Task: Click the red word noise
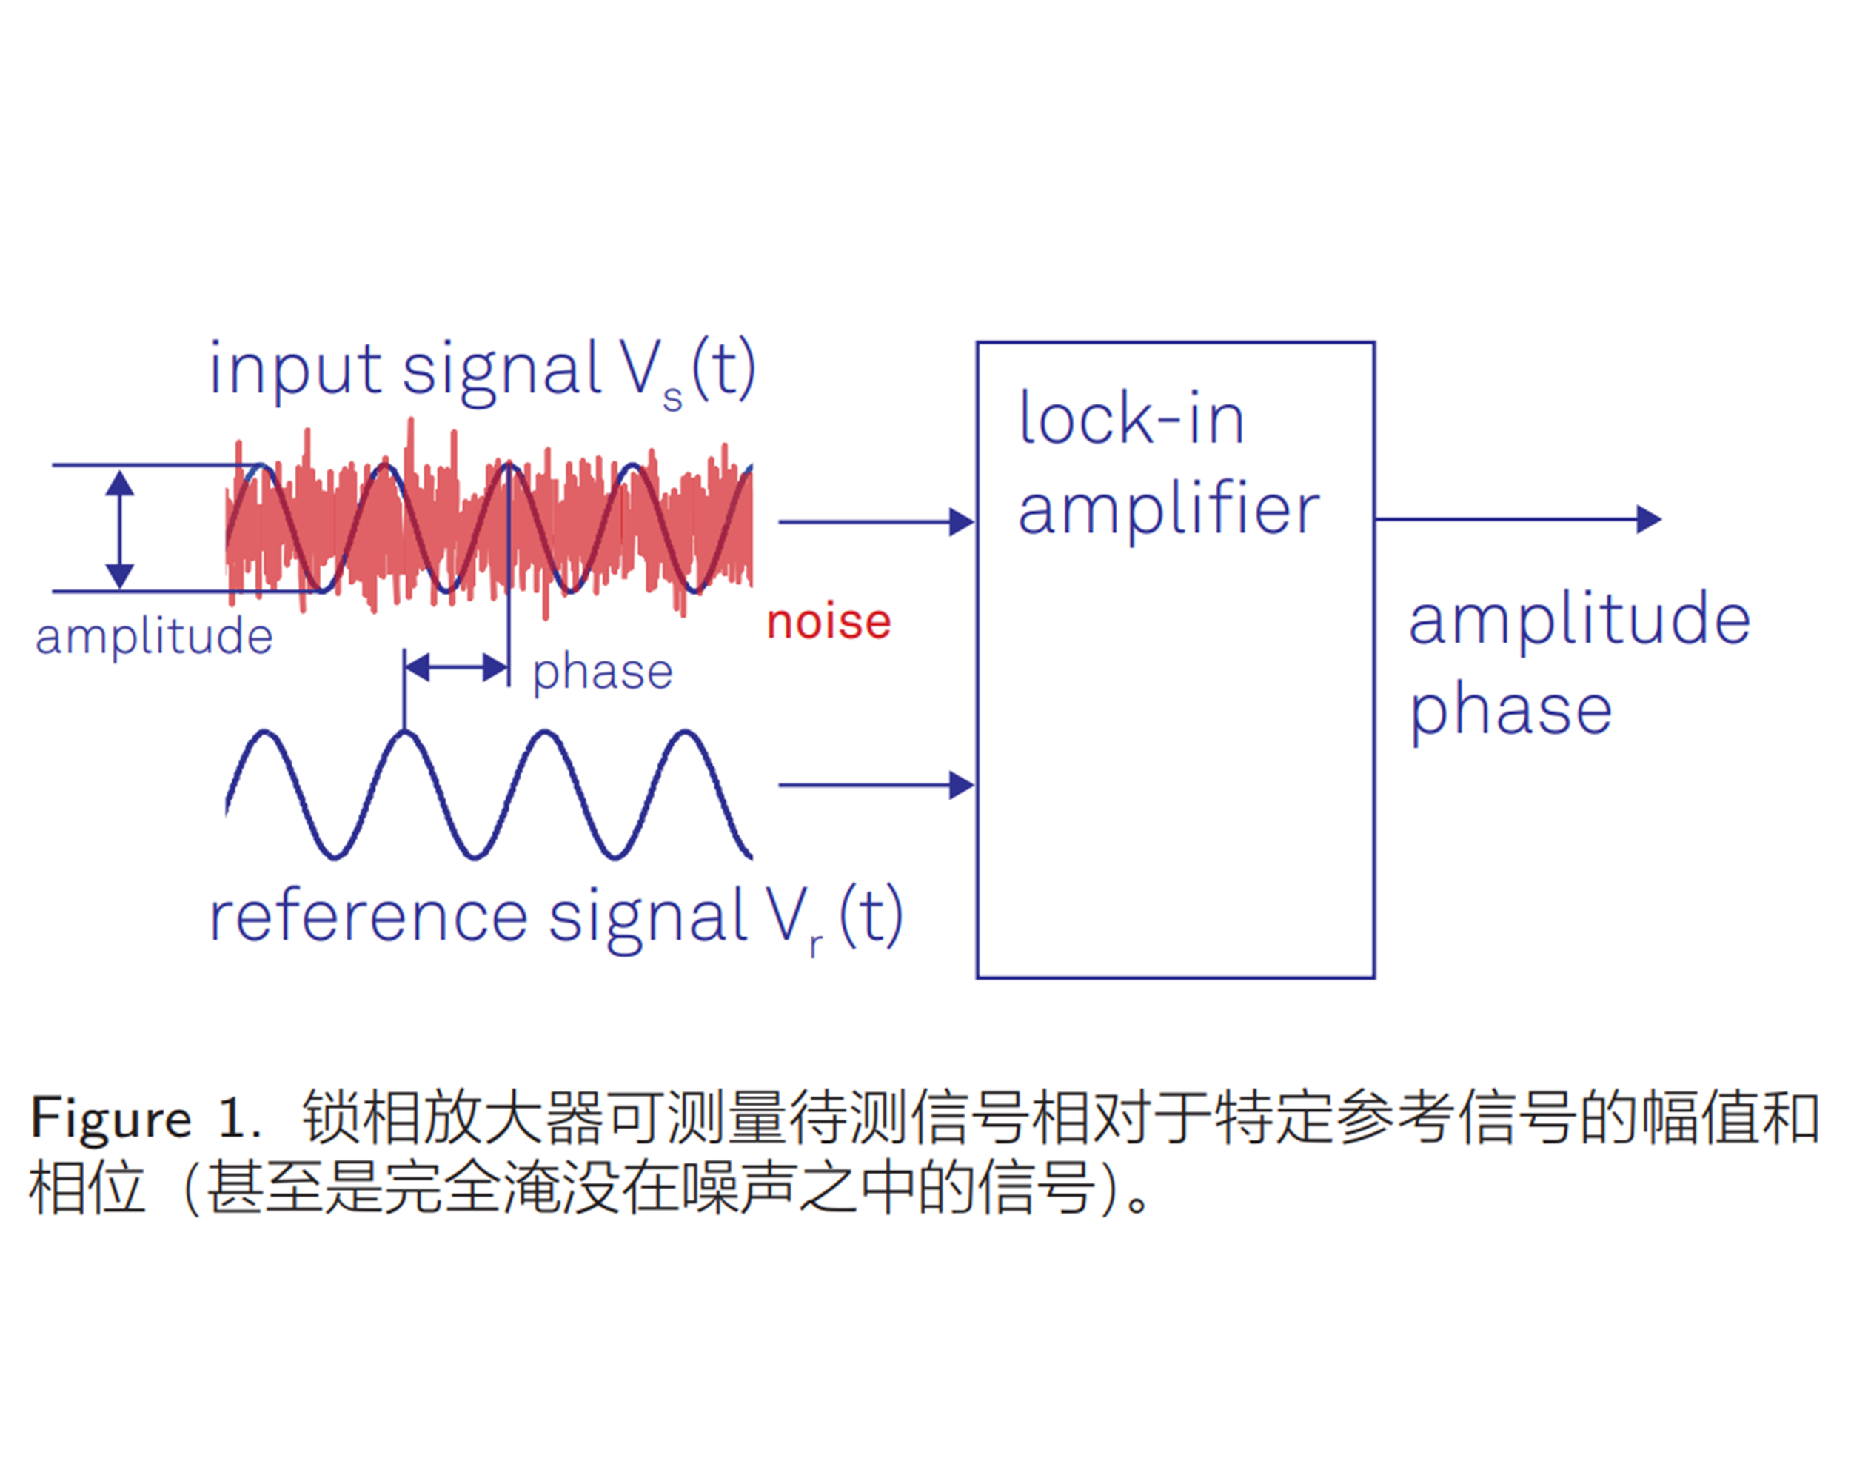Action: tap(829, 623)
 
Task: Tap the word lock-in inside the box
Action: tap(1131, 419)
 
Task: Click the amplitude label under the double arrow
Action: tap(155, 637)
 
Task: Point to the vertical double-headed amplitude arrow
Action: tap(119, 529)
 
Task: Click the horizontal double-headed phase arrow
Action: tap(456, 667)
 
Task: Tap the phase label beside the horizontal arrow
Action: tap(603, 672)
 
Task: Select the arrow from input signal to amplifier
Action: tap(876, 521)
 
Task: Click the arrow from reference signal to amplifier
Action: tap(876, 785)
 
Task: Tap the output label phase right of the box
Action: tap(1511, 712)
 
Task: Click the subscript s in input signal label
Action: tap(673, 399)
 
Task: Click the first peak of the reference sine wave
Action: tap(265, 733)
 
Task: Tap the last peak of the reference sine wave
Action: tap(685, 733)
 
